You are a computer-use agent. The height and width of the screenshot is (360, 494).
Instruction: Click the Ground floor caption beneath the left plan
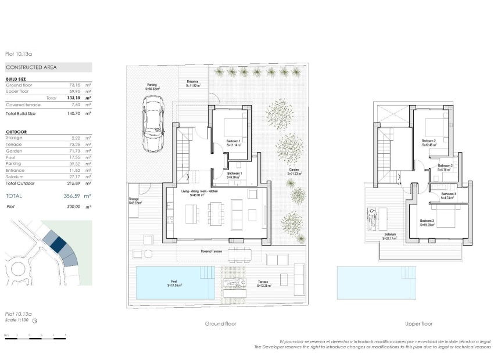(220, 323)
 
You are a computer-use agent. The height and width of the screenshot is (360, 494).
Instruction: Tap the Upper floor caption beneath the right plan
(418, 323)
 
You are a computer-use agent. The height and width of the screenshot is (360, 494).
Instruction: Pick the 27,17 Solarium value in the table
(74, 177)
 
